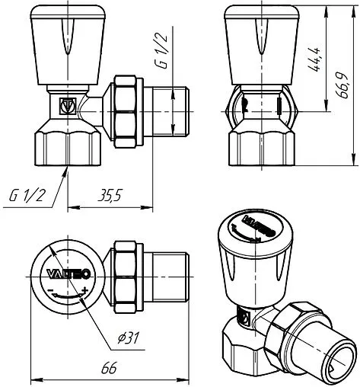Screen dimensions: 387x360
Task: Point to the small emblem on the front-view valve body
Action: pyautogui.click(x=68, y=106)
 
